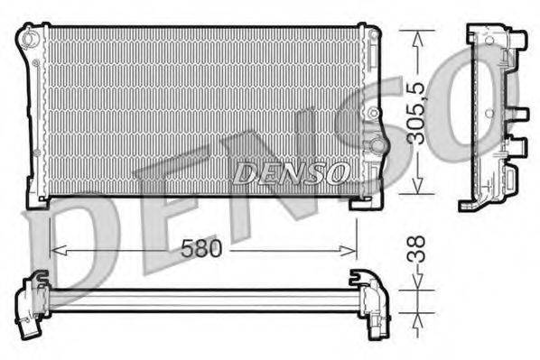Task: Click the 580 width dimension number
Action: point(201,248)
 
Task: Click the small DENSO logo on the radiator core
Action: point(289,171)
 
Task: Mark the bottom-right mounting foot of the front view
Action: point(366,201)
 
